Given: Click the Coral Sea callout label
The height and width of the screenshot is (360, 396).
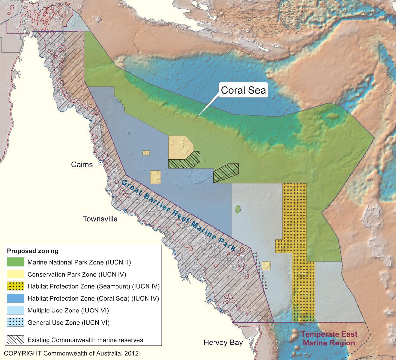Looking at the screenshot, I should [243, 91].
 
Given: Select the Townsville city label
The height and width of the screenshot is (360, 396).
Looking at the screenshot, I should [100, 219].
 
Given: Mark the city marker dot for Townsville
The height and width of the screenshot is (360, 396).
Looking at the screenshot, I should [122, 212].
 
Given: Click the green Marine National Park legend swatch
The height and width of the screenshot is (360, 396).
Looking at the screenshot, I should [16, 262].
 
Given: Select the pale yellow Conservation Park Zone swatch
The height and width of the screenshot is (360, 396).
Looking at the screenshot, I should [16, 274].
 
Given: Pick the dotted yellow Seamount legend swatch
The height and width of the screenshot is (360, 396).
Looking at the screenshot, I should [16, 286].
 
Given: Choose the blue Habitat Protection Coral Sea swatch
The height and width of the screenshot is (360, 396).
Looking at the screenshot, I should [16, 298].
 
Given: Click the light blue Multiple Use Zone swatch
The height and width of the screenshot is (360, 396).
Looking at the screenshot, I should [16, 310].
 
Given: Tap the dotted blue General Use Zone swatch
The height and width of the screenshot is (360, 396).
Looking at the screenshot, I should [16, 322].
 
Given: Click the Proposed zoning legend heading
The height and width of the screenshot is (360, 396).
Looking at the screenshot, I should [33, 251].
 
